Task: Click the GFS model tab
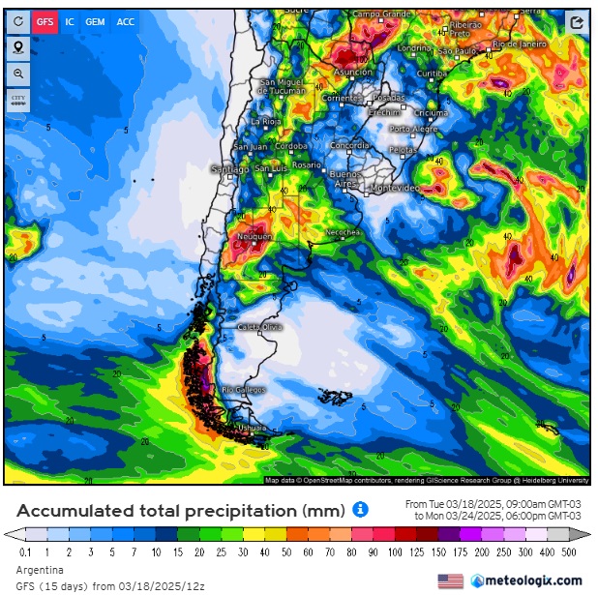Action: pyautogui.click(x=45, y=21)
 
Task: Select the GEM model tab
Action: pyautogui.click(x=95, y=21)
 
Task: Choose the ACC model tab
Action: pyautogui.click(x=126, y=21)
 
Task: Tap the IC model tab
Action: pyautogui.click(x=70, y=21)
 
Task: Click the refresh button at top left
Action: pyautogui.click(x=18, y=21)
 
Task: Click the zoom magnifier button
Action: pyautogui.click(x=18, y=74)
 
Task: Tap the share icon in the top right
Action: pyautogui.click(x=577, y=22)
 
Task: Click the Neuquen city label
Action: pyautogui.click(x=254, y=236)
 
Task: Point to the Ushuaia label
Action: pyautogui.click(x=251, y=428)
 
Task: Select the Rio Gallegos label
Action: pyautogui.click(x=241, y=390)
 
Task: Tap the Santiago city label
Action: pyautogui.click(x=230, y=169)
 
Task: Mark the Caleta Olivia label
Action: pyautogui.click(x=259, y=327)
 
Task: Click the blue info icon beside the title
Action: pyautogui.click(x=360, y=509)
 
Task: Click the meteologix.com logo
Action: pyautogui.click(x=527, y=580)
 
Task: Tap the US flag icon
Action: pyautogui.click(x=450, y=580)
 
